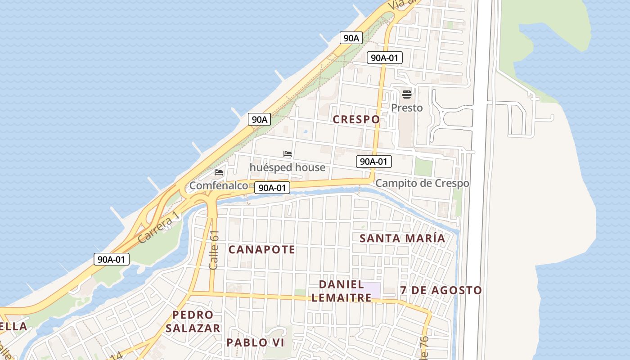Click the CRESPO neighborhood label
coord(356,119)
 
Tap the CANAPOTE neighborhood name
coord(261,250)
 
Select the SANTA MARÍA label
coord(402,238)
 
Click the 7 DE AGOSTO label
coord(441,291)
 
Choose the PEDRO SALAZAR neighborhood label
coord(193,321)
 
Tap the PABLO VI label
coord(255,342)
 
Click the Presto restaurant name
coord(407,108)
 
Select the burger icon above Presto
coord(407,94)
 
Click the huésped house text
coord(287,167)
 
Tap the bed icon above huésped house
coord(288,154)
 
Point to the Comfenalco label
coord(219,185)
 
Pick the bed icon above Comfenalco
coord(219,172)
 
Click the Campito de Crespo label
coord(422,184)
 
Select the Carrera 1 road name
coord(159,228)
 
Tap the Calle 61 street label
coord(214,250)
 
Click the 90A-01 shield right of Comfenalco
coord(272,188)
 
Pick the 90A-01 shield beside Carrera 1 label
coord(112,259)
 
